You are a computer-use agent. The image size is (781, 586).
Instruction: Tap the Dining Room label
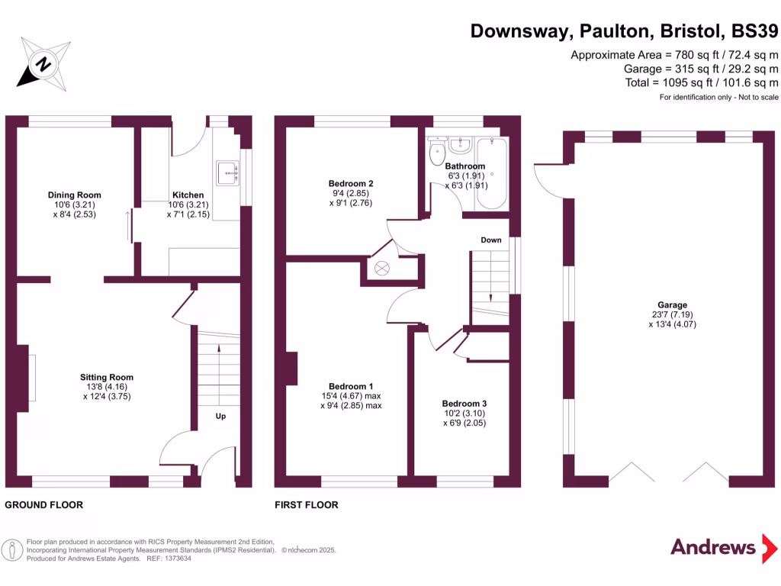[x=74, y=195]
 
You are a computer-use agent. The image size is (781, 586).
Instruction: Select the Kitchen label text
[x=188, y=195]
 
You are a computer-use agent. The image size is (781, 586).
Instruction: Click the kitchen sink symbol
[x=227, y=173]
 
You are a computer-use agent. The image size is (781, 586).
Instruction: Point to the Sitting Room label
[x=107, y=377]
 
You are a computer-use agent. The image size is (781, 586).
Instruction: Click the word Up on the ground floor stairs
[x=220, y=417]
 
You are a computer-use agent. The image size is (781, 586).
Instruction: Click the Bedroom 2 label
[x=351, y=184]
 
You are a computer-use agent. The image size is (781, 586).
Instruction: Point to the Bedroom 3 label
[x=464, y=404]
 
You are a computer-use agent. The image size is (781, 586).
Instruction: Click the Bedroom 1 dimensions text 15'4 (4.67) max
[x=351, y=396]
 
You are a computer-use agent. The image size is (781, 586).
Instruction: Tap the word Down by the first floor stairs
[x=491, y=240]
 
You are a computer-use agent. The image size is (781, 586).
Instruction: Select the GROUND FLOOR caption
[x=43, y=505]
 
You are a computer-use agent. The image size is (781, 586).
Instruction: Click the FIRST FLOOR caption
[x=307, y=505]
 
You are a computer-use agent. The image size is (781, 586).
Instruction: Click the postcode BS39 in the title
[x=754, y=31]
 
